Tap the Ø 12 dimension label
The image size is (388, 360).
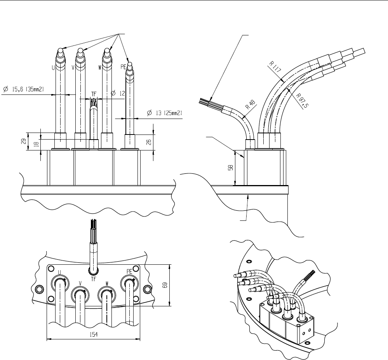(x=118, y=93)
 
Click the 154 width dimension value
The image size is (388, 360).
(x=93, y=335)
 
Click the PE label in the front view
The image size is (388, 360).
(x=124, y=67)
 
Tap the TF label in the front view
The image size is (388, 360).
(x=94, y=94)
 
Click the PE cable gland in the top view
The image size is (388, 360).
(x=129, y=281)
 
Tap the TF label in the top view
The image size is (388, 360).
(x=93, y=278)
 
